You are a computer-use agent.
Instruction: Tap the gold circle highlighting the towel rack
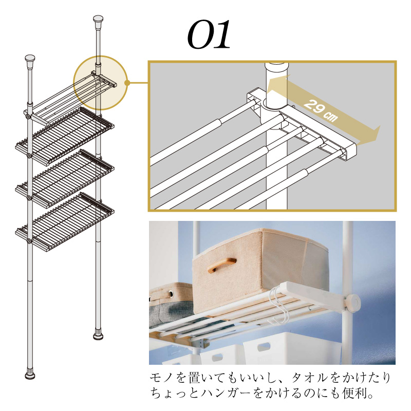(100, 83)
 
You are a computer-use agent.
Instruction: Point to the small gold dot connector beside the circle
(128, 82)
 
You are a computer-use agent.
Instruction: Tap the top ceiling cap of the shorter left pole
(30, 61)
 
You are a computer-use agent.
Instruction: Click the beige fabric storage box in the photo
(257, 267)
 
